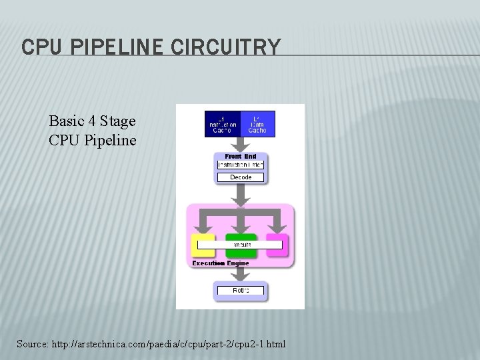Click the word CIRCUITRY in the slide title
tap(226, 47)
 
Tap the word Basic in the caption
tap(67, 121)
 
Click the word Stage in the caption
tap(118, 121)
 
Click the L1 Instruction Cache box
tap(222, 124)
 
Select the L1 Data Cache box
tap(257, 124)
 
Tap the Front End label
tap(240, 157)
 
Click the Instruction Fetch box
tap(240, 165)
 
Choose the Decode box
tap(240, 177)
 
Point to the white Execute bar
tap(240, 245)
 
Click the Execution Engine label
tap(220, 263)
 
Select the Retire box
tap(240, 291)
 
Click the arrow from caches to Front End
tap(240, 145)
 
